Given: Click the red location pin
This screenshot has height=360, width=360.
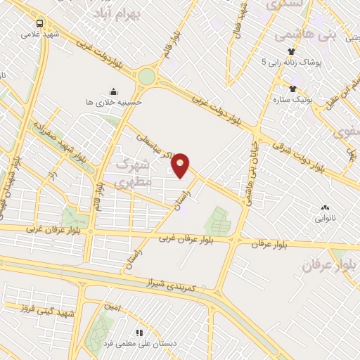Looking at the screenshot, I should tap(181, 165).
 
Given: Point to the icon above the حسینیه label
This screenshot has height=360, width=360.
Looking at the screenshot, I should tap(113, 91).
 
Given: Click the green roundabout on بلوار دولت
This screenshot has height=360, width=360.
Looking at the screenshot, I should tap(146, 77).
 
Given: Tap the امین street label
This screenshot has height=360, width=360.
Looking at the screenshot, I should tap(112, 307).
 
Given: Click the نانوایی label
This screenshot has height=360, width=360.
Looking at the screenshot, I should tap(324, 219).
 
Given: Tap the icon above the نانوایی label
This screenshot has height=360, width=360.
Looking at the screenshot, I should tap(324, 208).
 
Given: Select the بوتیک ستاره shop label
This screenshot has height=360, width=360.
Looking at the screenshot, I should tap(292, 99).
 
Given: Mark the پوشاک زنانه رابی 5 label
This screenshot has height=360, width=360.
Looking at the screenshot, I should tap(291, 62).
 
